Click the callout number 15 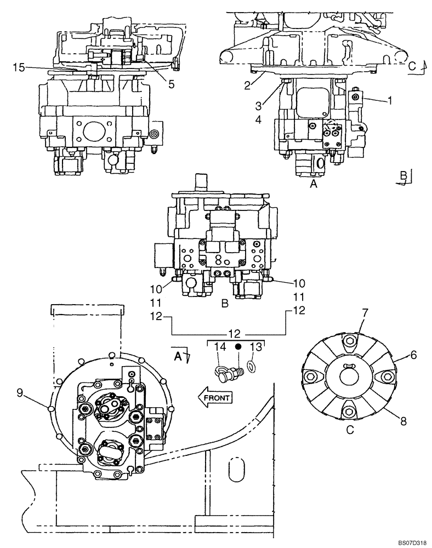19,67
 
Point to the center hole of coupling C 350,378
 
